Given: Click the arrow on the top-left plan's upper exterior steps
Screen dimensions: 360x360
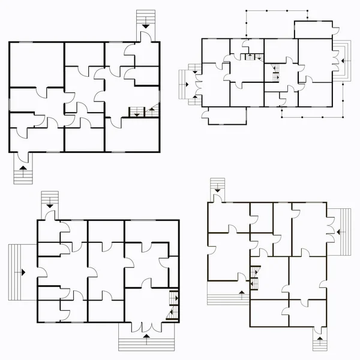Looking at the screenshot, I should coord(145,25).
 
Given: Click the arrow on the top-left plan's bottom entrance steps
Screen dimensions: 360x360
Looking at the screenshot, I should coord(23,170).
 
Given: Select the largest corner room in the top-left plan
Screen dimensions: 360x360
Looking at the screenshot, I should coord(37,65).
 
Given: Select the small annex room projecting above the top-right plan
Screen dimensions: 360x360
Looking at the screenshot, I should coord(313,30).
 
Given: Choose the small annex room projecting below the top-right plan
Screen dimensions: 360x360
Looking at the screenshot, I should coord(226,116).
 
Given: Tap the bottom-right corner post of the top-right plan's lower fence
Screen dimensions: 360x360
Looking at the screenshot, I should coord(343,115).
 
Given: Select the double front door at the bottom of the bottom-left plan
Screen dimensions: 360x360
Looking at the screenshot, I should coord(146,326).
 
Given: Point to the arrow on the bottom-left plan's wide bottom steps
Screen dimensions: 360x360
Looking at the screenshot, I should coord(146,340).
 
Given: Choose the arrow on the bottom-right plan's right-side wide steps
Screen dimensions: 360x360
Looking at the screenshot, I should coord(340,230).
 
